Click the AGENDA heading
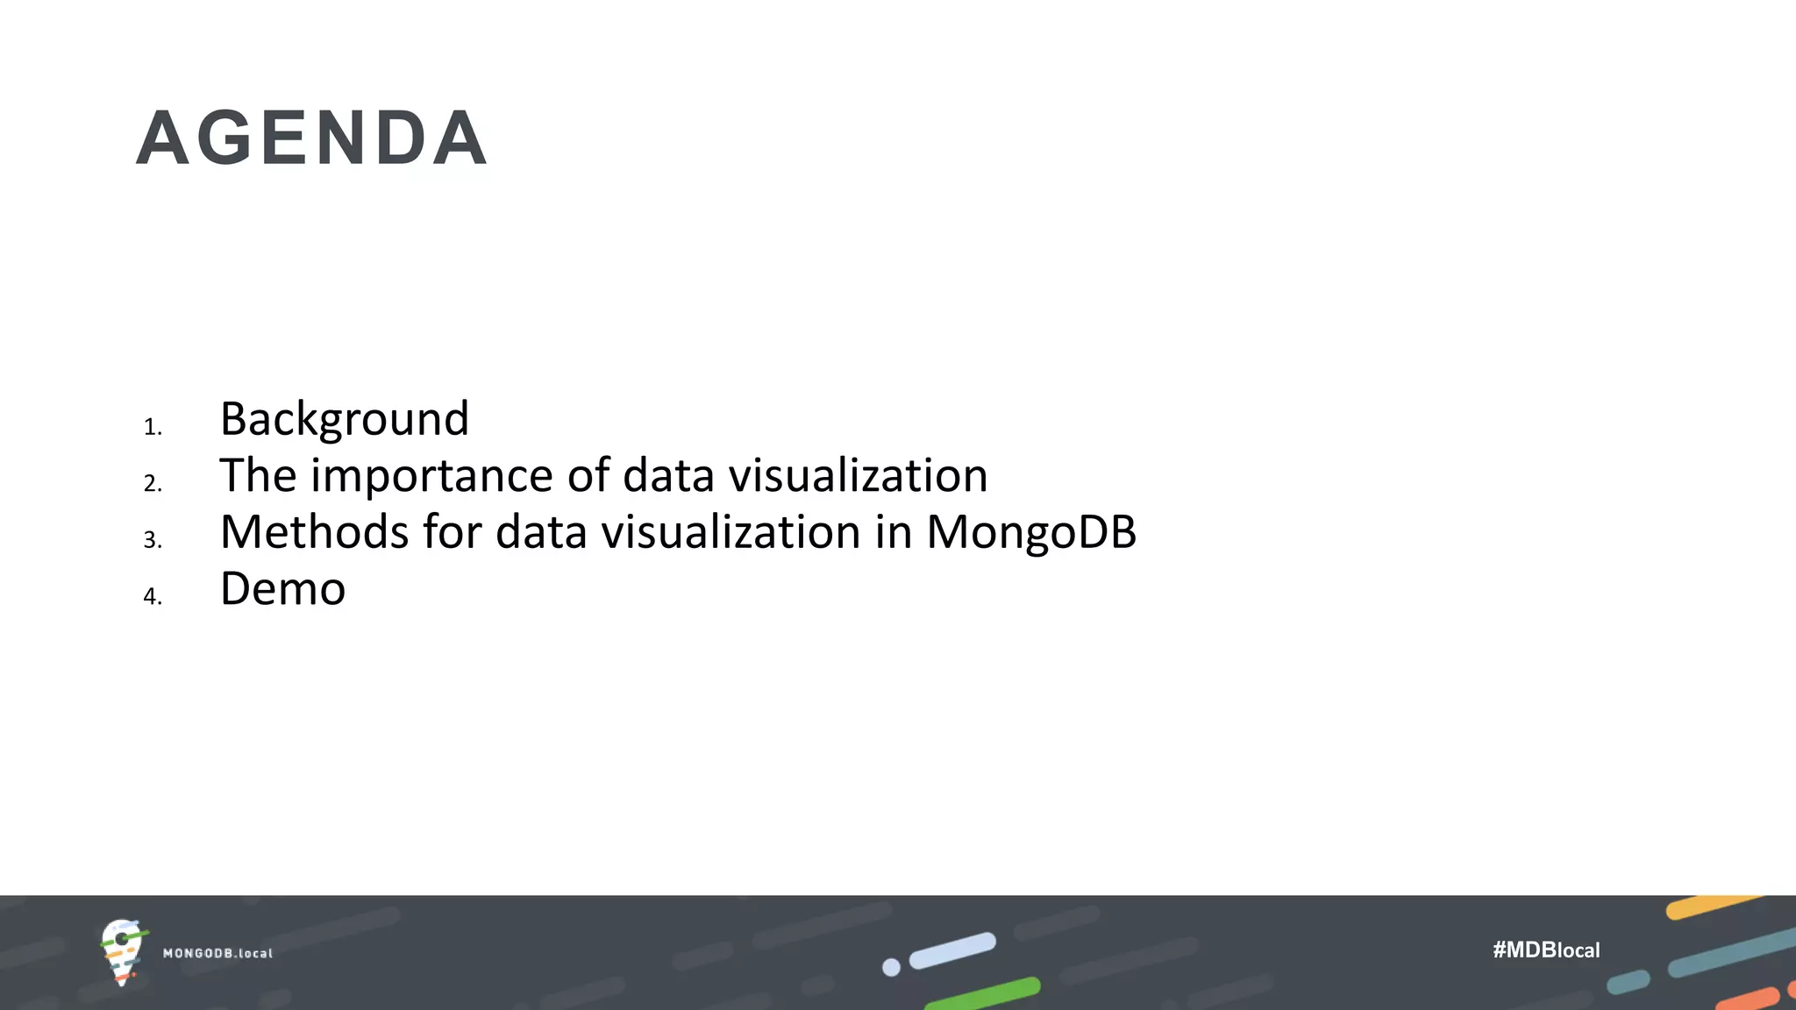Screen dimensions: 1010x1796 point(312,139)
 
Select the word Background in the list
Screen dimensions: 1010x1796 point(344,418)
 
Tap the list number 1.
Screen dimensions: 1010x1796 point(153,427)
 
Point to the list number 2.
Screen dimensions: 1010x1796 point(153,483)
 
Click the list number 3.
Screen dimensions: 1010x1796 point(153,540)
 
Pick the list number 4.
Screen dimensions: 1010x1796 point(153,596)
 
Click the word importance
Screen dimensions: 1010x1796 point(432,477)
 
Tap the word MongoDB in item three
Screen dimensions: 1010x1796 point(1031,533)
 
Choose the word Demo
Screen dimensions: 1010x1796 point(282,588)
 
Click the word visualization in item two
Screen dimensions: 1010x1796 point(858,475)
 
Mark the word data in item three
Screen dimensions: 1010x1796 point(540,532)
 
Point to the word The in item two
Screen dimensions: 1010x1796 point(258,475)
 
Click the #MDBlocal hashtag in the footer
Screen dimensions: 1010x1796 point(1546,950)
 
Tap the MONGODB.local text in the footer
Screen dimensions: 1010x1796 point(217,953)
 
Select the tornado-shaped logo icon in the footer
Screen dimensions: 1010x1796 point(122,951)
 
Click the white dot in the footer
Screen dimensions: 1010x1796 point(891,967)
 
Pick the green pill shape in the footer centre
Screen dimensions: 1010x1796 point(983,993)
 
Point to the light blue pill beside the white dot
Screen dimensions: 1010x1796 point(952,950)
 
